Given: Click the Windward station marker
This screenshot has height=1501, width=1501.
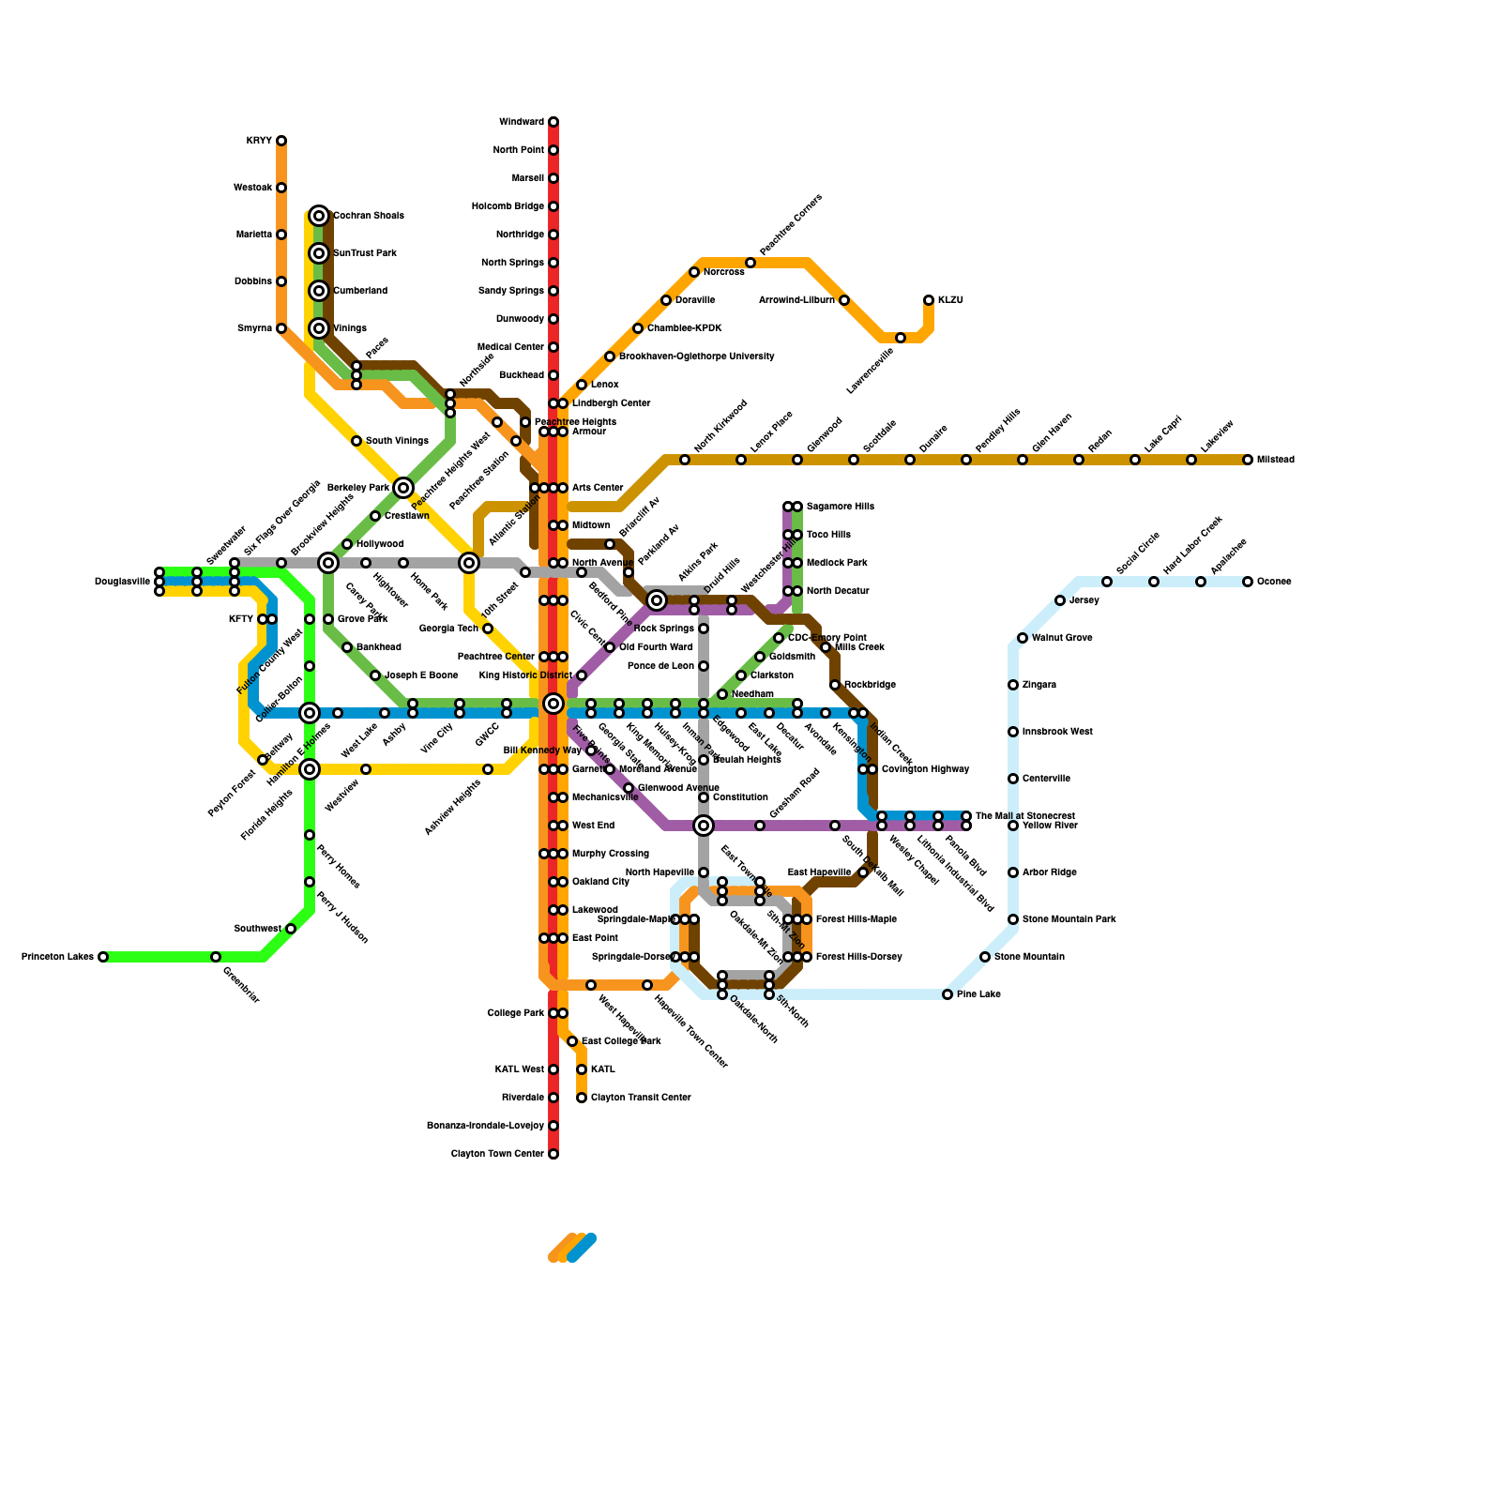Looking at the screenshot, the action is [553, 122].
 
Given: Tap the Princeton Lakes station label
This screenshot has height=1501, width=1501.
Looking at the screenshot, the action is [57, 957].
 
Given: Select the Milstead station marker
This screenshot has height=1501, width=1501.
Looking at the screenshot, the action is [1248, 460].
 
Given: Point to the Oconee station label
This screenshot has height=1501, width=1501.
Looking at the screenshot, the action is [1274, 582].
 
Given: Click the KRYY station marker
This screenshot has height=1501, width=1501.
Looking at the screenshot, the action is [281, 141].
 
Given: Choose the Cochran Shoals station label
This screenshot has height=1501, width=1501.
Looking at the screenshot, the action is [369, 216].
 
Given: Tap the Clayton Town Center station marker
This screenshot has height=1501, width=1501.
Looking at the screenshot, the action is [553, 1154].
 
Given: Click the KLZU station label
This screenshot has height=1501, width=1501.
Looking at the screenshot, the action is [950, 300].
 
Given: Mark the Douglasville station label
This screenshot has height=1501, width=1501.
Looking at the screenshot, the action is [122, 582].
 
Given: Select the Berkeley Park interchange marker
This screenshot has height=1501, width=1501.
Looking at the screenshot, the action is [403, 488].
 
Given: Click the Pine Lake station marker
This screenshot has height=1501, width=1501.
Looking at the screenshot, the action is [948, 994].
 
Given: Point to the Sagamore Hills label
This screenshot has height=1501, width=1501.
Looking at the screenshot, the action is [841, 507].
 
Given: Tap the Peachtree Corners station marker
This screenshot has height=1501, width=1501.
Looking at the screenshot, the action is [750, 263].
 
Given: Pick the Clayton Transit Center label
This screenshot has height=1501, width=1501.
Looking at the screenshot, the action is [641, 1098].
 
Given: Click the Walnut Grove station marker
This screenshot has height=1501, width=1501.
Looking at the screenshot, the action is [1023, 638].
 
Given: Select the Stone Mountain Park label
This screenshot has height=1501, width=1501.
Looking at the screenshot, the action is [1069, 919].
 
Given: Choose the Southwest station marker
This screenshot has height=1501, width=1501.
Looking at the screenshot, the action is [291, 929].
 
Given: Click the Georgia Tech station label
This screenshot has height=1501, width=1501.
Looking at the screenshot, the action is [448, 629].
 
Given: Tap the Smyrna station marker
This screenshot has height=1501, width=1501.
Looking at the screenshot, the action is [281, 328].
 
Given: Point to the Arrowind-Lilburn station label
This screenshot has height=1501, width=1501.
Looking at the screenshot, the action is [796, 300].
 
